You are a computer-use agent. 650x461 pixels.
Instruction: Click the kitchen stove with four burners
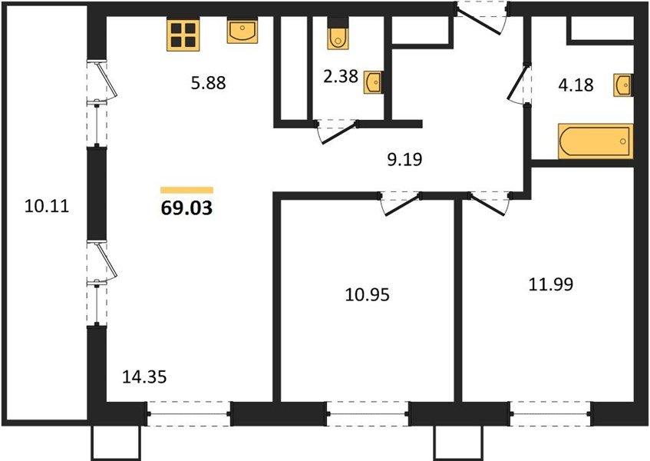183,35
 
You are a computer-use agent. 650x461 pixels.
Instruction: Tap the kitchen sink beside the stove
242,30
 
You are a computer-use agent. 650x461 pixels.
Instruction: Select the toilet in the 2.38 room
338,34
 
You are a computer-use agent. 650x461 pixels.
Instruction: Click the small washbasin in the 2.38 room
373,82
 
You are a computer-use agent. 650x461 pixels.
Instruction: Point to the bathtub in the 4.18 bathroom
596,141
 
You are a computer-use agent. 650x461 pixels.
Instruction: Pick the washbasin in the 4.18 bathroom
623,85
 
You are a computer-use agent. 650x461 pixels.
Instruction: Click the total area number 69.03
186,208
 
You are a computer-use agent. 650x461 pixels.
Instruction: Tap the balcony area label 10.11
47,206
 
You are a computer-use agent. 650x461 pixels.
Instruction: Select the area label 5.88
208,82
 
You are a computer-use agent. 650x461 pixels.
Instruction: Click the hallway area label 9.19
404,159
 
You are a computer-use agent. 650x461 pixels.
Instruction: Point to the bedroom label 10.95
368,295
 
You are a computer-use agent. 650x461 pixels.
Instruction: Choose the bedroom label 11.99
551,284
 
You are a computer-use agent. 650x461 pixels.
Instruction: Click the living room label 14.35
145,377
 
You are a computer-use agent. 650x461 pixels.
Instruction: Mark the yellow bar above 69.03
187,190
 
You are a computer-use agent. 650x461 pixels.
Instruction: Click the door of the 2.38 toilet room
337,131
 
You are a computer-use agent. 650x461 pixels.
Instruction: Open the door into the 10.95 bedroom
401,204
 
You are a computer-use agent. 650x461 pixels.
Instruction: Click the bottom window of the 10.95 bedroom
368,413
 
